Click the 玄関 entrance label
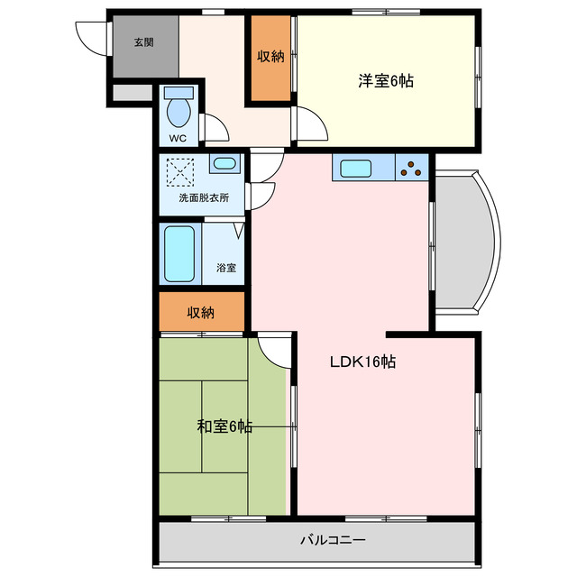143,42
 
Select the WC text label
178,138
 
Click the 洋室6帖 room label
386,81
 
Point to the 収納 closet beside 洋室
270,57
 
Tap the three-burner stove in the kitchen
414,168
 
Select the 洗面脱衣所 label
203,197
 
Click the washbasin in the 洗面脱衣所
223,165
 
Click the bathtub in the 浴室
180,253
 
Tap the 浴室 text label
226,268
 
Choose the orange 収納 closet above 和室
201,312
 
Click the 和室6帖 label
224,426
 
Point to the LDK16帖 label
362,362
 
